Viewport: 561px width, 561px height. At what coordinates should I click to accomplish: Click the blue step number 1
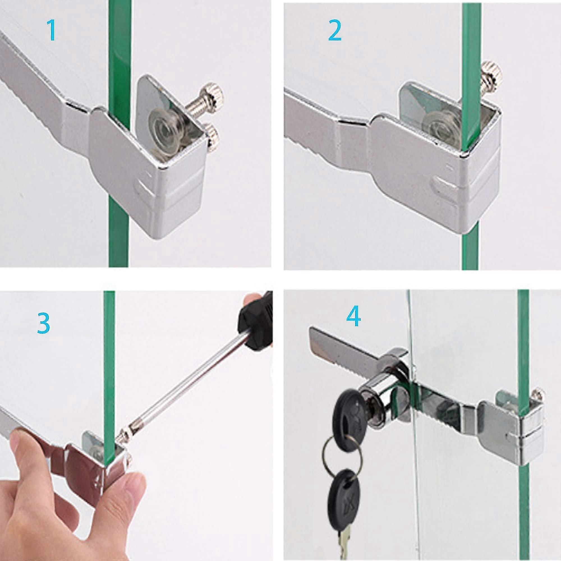(x=52, y=30)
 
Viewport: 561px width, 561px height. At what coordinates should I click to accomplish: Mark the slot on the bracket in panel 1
(x=145, y=185)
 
